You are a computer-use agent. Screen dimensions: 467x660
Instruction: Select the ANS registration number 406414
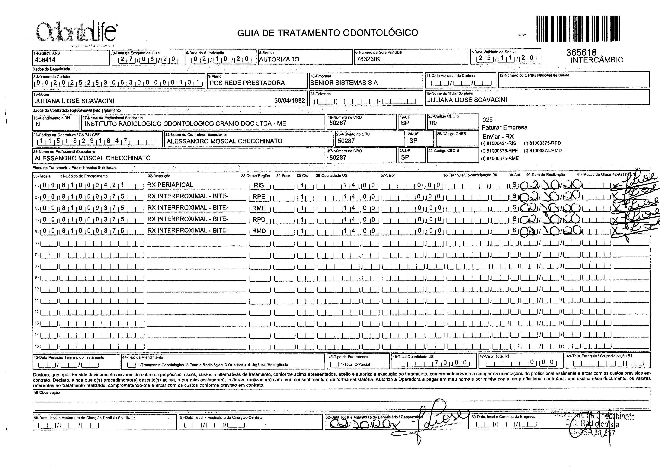click(x=45, y=60)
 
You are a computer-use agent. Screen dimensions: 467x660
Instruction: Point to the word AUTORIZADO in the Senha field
click(x=279, y=59)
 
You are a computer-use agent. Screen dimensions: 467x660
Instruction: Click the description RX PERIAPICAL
click(x=170, y=185)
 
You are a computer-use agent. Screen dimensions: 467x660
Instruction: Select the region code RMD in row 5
click(x=259, y=231)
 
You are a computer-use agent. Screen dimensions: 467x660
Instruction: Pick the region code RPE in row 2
click(x=259, y=197)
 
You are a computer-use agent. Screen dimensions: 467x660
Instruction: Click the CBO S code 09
click(x=433, y=123)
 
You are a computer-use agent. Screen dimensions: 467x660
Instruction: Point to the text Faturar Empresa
click(x=505, y=127)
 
